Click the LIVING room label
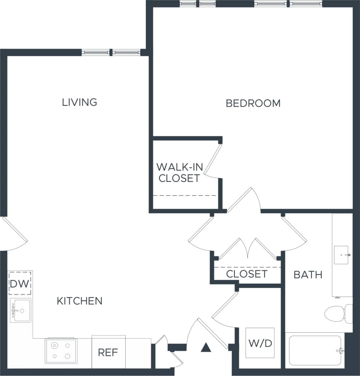click(x=79, y=102)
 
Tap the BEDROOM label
click(x=253, y=103)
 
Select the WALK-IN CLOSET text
click(x=179, y=173)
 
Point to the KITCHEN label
click(x=79, y=301)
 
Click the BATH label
click(x=308, y=275)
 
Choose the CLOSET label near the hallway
click(x=247, y=274)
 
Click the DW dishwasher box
click(x=20, y=283)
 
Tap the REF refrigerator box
click(x=108, y=353)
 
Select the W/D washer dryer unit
click(x=260, y=343)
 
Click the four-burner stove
click(x=61, y=350)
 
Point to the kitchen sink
click(x=21, y=310)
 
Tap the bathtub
click(x=315, y=350)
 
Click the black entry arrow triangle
click(x=206, y=348)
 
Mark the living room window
click(x=111, y=52)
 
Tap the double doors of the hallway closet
click(x=247, y=249)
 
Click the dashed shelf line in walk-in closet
click(x=185, y=196)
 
